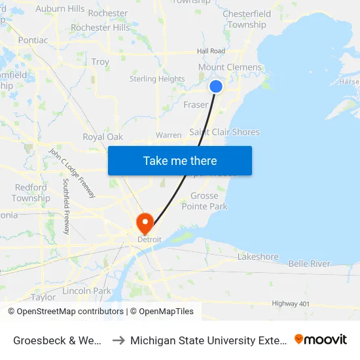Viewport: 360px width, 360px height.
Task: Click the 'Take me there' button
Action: click(180, 160)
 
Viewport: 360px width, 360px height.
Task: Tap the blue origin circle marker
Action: click(216, 86)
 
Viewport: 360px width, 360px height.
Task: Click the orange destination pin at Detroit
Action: click(145, 223)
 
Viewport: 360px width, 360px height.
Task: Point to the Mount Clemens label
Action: click(230, 67)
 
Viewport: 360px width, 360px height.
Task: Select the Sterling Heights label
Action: click(157, 79)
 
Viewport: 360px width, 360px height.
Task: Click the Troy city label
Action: click(100, 62)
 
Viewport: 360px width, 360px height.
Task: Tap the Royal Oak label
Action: click(103, 137)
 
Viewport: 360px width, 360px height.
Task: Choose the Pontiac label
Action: click(33, 40)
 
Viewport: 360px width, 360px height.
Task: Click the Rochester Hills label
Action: click(100, 27)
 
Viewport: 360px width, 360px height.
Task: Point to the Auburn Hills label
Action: click(60, 9)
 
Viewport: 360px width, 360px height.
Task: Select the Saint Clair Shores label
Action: click(225, 132)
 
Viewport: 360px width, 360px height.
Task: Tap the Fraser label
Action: click(196, 105)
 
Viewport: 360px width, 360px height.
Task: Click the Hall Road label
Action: click(211, 51)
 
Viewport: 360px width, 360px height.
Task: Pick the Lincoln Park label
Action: click(87, 290)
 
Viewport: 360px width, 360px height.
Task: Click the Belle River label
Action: click(310, 263)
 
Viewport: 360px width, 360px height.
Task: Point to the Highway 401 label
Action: click(295, 303)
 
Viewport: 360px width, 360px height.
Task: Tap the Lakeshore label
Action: click(258, 257)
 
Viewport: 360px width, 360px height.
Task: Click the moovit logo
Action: click(321, 339)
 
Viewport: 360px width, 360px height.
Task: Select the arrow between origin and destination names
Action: click(118, 340)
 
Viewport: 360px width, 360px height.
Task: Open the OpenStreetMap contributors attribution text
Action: click(66, 312)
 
